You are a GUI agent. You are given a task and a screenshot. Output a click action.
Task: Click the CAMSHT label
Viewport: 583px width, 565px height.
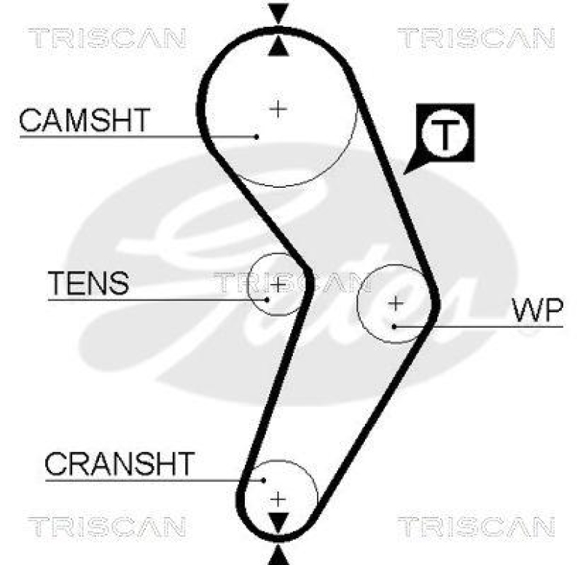point(85,120)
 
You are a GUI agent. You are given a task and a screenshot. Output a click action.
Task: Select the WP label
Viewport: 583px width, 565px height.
point(538,311)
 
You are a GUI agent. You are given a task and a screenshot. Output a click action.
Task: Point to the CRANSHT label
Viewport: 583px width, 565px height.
point(120,463)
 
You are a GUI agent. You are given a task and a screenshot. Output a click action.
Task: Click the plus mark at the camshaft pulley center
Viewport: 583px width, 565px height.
point(278,108)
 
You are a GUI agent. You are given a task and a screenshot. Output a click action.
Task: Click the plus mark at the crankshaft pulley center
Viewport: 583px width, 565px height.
point(278,499)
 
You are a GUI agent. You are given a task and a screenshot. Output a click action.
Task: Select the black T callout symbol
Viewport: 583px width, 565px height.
point(445,133)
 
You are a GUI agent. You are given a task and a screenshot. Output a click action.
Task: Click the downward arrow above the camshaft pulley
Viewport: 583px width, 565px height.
point(278,13)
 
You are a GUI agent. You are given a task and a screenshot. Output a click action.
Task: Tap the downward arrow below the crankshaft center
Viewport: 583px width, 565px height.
point(278,523)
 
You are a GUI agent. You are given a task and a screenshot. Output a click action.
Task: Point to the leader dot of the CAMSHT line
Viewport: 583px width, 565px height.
point(257,135)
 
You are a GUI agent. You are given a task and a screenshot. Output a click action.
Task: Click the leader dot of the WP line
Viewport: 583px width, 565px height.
point(394,326)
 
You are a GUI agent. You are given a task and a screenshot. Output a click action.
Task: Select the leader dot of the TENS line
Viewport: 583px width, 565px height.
point(267,299)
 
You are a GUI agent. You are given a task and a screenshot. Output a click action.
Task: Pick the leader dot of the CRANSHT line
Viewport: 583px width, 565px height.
point(263,479)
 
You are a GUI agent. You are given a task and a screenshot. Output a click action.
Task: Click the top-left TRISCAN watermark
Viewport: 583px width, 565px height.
point(108,37)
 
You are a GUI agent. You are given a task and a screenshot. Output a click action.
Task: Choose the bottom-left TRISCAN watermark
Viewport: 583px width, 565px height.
point(108,526)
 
